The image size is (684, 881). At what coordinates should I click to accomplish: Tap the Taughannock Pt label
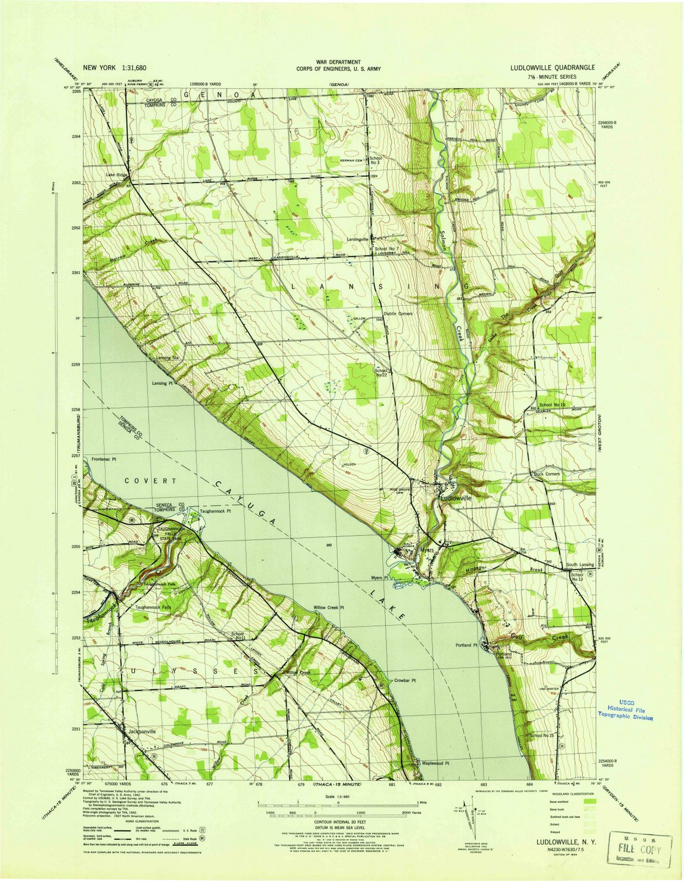coord(215,510)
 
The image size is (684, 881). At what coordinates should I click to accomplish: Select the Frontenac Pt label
coord(105,459)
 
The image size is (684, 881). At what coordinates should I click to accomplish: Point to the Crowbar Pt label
coord(405,681)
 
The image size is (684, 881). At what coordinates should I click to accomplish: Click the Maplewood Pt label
coord(436,763)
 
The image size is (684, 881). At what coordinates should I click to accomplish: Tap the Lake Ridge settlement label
coord(116,175)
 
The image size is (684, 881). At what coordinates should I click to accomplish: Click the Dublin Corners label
coord(398,314)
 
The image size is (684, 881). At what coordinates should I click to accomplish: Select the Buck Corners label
coord(547,474)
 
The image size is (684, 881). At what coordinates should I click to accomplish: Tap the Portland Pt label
coord(466,645)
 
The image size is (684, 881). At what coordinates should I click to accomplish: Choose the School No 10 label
coord(552,405)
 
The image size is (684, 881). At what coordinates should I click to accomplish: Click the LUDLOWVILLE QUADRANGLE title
coord(552,67)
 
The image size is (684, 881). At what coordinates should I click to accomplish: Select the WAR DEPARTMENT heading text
coord(338,62)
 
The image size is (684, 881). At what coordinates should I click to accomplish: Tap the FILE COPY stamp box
coord(639,836)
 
